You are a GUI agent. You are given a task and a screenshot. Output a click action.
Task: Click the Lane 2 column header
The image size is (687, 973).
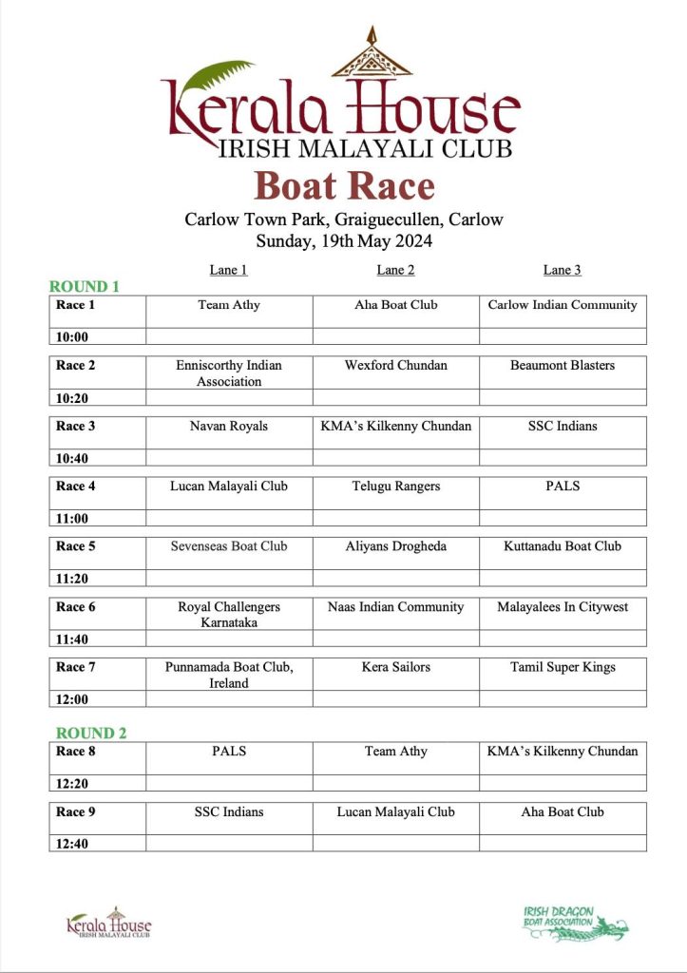[x=395, y=270]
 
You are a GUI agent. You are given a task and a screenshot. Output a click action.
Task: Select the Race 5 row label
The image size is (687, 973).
[x=76, y=546]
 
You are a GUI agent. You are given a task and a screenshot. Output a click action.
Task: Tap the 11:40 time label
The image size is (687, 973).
[x=71, y=639]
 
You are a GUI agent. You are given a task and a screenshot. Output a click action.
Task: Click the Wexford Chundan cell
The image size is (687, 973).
[x=396, y=366]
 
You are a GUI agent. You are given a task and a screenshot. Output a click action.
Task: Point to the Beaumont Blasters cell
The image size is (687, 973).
[x=563, y=366]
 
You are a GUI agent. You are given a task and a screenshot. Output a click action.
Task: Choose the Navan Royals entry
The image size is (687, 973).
[x=229, y=426]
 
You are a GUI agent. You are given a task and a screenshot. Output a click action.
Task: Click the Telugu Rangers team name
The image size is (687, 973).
[x=396, y=486]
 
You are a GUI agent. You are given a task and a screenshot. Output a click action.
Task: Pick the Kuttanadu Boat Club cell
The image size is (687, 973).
[x=563, y=546]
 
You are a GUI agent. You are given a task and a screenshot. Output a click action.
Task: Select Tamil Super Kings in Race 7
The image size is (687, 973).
[x=563, y=667]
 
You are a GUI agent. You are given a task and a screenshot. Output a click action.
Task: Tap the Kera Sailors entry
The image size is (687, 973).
[x=396, y=667]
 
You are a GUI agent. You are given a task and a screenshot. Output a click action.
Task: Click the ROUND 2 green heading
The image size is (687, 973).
[x=91, y=733]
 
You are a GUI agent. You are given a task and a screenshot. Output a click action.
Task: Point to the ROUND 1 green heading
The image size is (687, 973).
[x=85, y=286]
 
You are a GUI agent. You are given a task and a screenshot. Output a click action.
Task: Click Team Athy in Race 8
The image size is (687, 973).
[x=396, y=752]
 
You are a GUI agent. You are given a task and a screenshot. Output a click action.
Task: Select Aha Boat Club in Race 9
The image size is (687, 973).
[x=563, y=812]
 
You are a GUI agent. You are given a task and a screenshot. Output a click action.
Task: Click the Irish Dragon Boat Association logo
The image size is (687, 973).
[x=575, y=922]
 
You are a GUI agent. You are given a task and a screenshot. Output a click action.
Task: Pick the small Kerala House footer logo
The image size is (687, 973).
[x=109, y=922]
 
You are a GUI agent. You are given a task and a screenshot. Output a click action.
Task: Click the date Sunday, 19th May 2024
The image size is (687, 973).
[x=344, y=241]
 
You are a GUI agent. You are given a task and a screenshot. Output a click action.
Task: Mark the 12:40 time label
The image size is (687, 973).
[x=71, y=843]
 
